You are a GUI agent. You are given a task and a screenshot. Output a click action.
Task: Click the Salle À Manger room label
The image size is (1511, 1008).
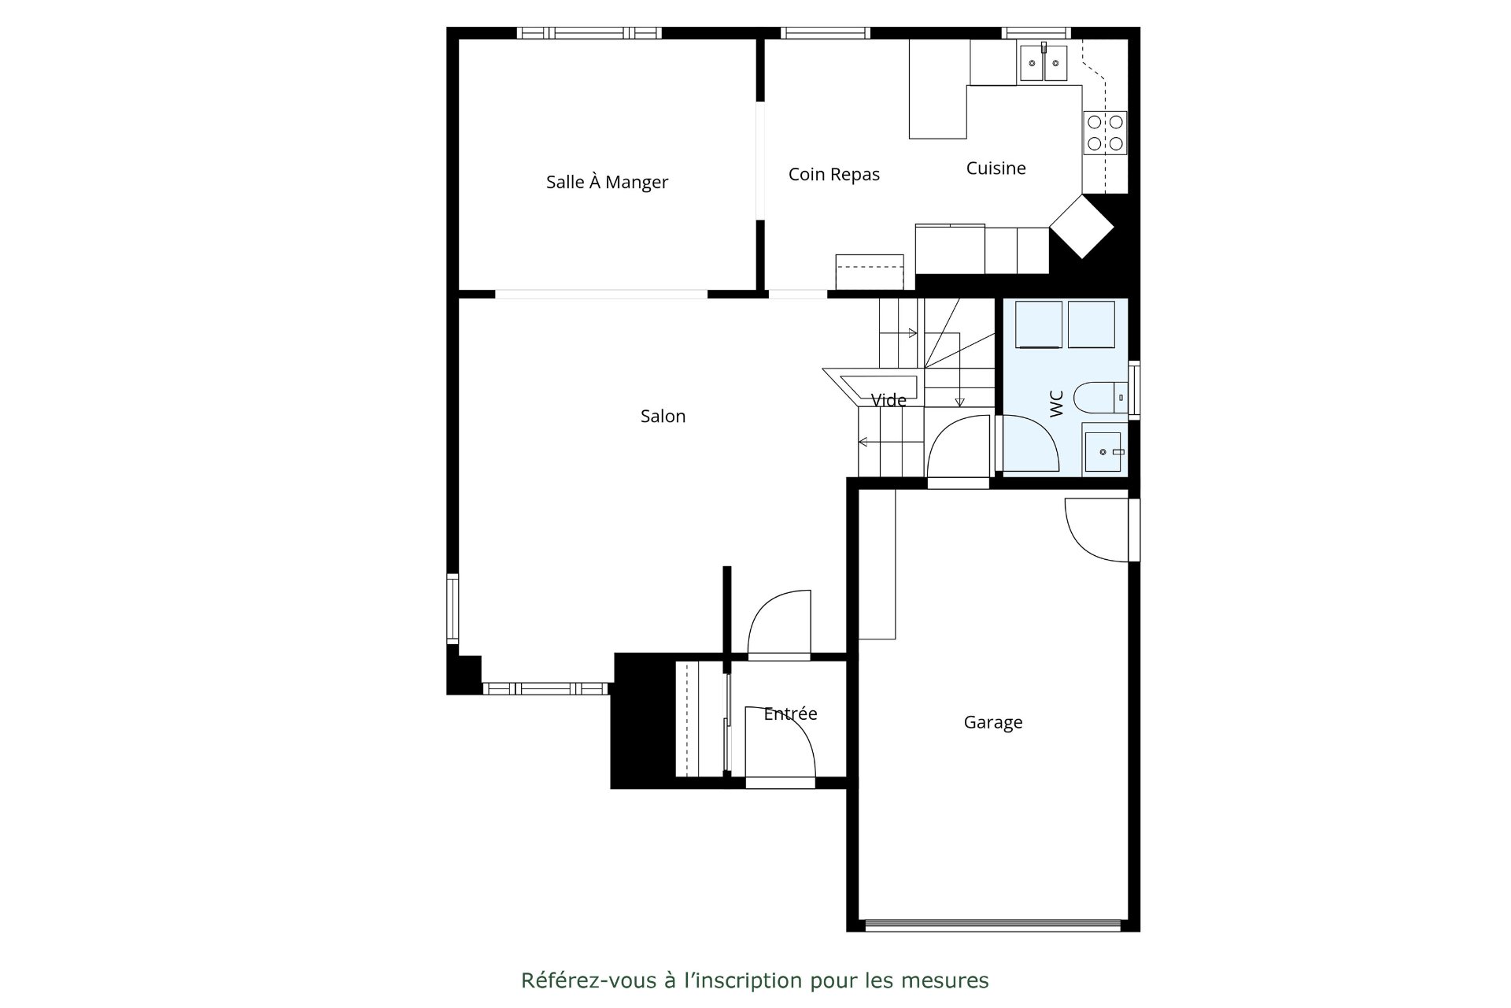click(607, 182)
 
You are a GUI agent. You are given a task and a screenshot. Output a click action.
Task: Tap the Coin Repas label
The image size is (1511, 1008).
click(834, 175)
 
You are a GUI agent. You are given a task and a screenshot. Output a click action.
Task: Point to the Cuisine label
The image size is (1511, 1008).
click(996, 168)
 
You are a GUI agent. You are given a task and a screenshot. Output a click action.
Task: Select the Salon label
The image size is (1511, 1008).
click(663, 416)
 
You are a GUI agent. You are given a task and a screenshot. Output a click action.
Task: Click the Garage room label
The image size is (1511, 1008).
click(993, 722)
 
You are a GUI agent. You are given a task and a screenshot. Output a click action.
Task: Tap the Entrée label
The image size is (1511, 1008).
click(790, 713)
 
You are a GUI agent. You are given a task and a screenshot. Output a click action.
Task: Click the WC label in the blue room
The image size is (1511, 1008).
click(1057, 404)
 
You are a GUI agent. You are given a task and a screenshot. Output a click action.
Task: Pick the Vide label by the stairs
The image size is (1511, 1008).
click(888, 400)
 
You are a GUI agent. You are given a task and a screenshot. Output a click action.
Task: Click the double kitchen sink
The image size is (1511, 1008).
click(1044, 63)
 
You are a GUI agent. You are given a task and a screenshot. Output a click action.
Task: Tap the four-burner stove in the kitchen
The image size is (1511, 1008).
click(1105, 132)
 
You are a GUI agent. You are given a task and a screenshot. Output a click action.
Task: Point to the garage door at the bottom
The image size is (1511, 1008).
click(993, 925)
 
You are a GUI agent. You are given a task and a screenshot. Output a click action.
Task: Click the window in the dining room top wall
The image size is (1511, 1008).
click(589, 33)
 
